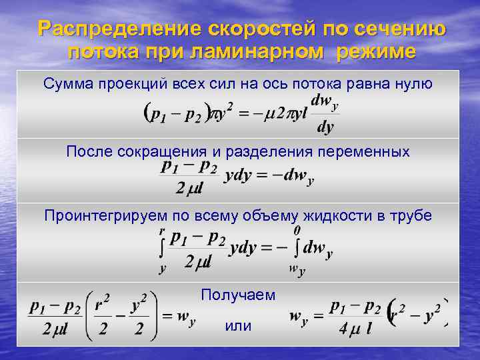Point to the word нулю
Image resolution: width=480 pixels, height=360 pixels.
[415, 83]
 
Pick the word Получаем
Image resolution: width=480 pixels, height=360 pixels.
[238, 294]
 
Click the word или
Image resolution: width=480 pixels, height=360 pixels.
[238, 326]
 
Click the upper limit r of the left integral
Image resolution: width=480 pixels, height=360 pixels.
[162, 231]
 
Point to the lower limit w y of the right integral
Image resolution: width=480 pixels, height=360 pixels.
[297, 269]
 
